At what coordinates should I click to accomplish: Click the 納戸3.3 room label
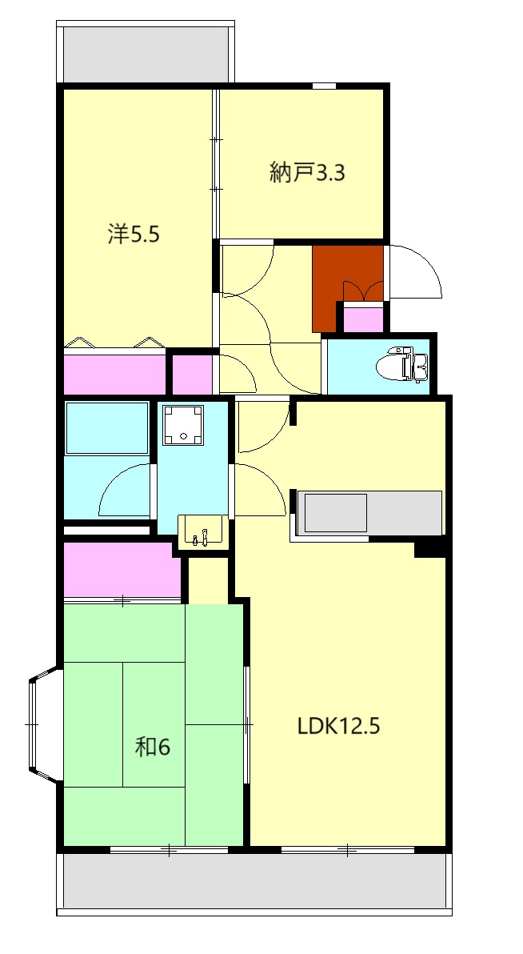click(307, 174)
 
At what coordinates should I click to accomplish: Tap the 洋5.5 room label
click(134, 234)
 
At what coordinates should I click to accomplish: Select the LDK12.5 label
click(339, 726)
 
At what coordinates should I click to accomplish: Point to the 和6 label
click(152, 747)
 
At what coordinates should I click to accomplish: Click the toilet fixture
click(402, 365)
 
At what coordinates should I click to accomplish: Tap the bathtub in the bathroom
click(107, 427)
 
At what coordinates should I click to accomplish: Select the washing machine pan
click(183, 425)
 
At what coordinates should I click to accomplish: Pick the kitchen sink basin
click(336, 512)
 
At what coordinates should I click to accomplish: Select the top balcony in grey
click(146, 53)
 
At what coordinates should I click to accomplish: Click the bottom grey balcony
click(254, 883)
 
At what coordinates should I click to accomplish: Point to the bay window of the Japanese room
click(44, 724)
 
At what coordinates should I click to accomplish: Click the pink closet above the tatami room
click(123, 570)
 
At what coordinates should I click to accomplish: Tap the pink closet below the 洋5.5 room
click(114, 374)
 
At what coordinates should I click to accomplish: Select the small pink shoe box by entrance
click(364, 319)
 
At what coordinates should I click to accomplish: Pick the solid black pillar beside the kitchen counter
click(430, 547)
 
